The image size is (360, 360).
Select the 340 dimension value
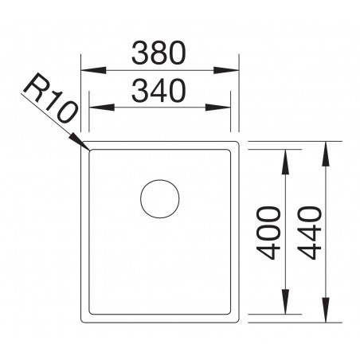[x=158, y=91]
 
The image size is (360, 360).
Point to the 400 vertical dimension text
[x=271, y=233]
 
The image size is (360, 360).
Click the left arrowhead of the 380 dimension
[x=88, y=68]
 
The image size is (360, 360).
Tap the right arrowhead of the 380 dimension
[x=233, y=68]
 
